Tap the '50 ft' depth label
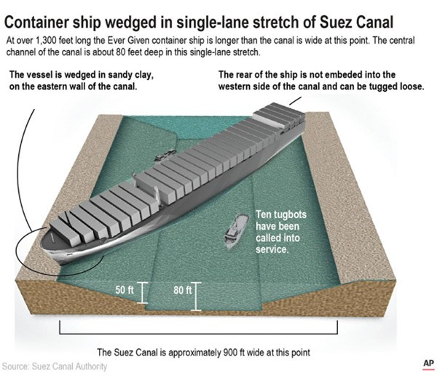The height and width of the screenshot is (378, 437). point(125,290)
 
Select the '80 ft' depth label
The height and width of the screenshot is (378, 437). point(183,290)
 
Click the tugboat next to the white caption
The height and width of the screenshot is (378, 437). point(236,231)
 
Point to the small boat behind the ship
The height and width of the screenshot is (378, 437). point(165,155)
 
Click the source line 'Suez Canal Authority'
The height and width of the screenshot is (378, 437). point(69,366)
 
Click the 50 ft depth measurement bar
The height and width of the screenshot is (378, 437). point(143,293)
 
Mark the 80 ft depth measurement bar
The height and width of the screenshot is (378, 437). point(196,297)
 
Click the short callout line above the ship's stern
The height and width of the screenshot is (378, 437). point(295,101)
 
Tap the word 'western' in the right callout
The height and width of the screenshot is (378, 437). point(235,87)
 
